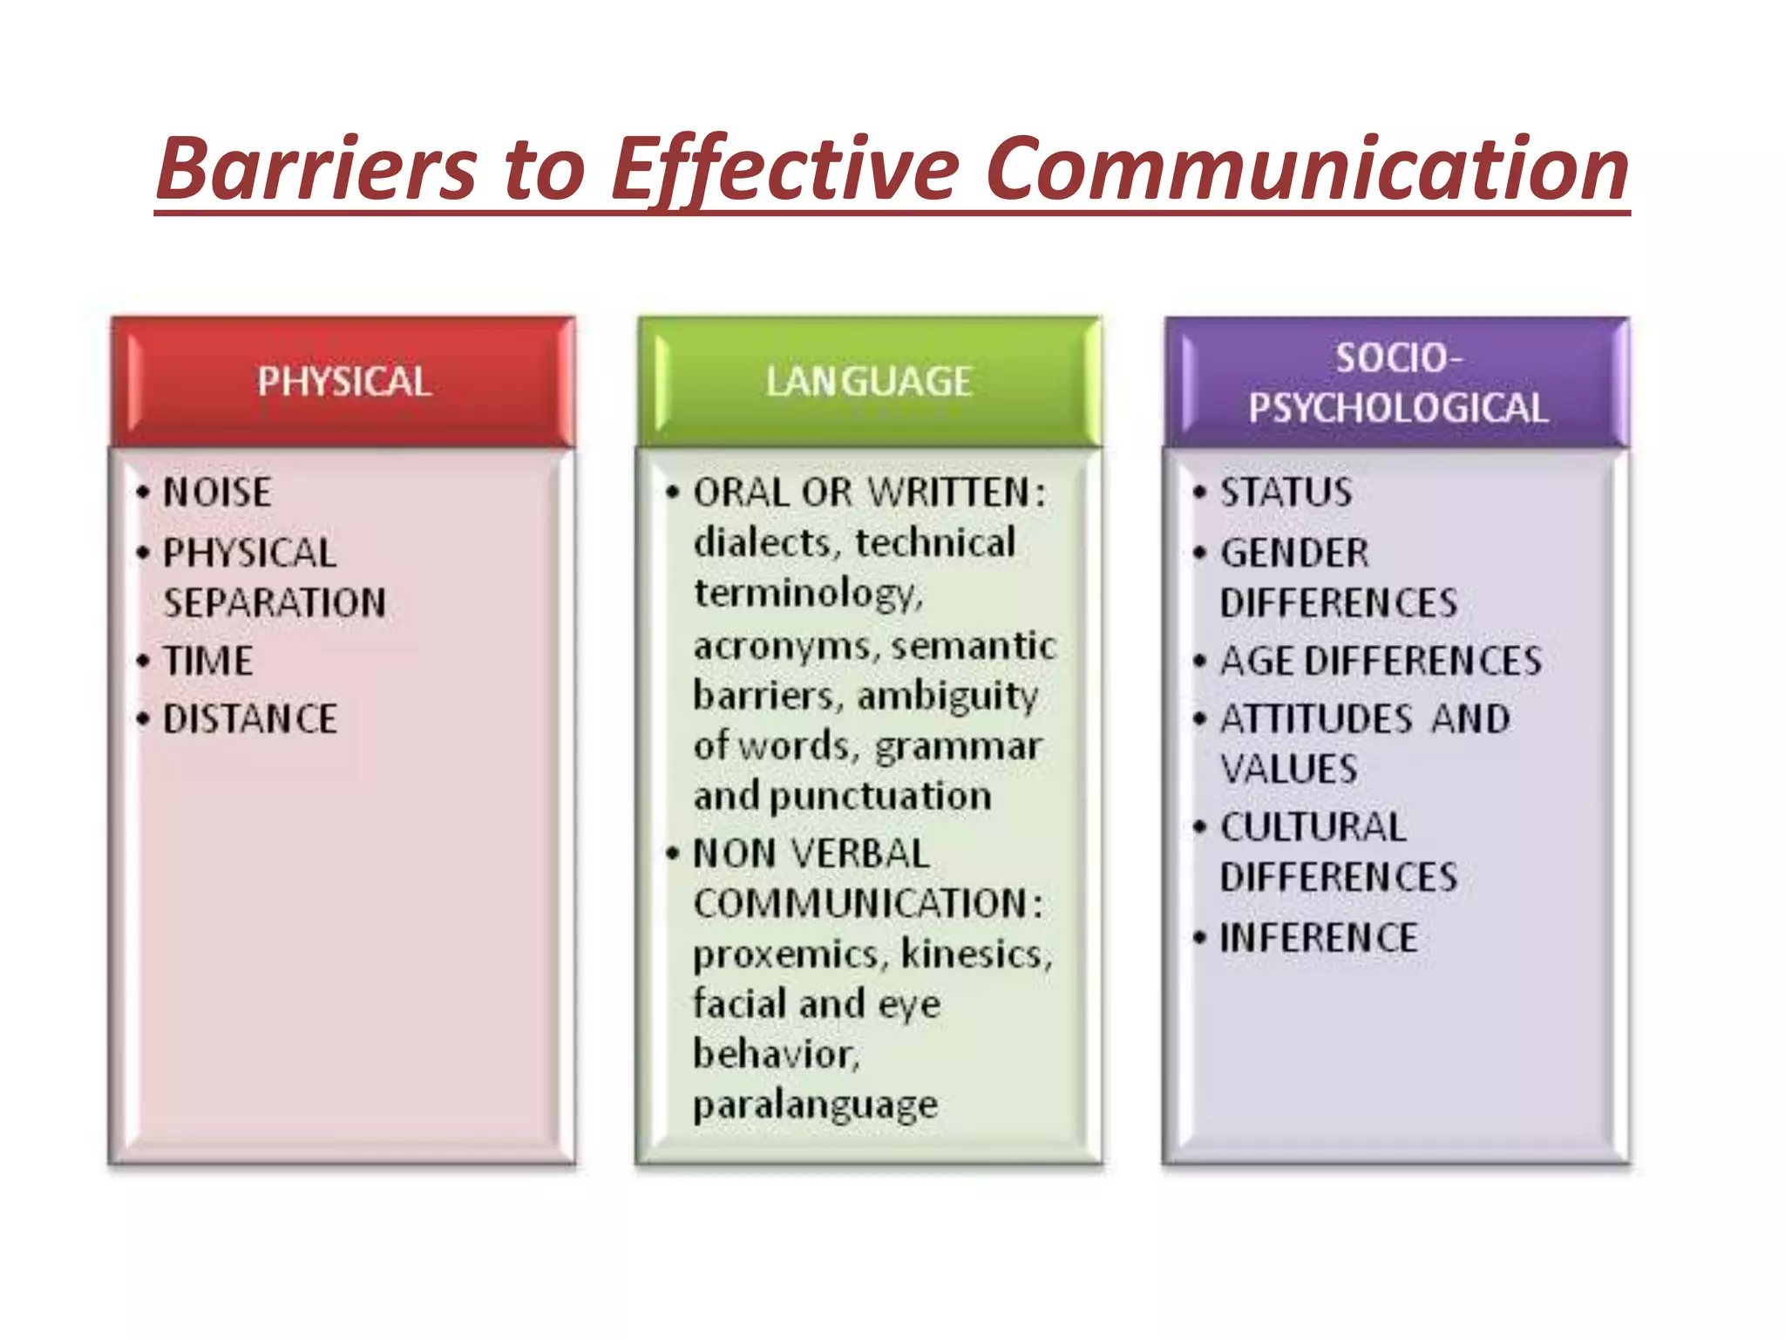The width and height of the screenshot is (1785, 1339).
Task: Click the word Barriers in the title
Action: (317, 167)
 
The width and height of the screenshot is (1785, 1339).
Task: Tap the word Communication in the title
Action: (1307, 167)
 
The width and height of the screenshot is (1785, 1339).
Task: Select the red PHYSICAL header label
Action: (343, 382)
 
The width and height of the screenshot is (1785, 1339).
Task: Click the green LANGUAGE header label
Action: (869, 382)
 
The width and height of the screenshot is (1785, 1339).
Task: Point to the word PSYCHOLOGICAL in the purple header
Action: (1397, 408)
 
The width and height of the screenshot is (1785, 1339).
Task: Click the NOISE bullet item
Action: (217, 493)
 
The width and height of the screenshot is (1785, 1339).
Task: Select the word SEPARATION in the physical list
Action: (275, 603)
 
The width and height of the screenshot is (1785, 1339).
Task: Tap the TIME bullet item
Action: (208, 661)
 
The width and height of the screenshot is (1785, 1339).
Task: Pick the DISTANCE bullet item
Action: (250, 719)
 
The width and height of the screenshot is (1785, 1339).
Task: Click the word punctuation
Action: (880, 796)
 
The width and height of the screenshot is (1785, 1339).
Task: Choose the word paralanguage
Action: (815, 1105)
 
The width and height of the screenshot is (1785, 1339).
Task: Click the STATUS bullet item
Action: (1286, 493)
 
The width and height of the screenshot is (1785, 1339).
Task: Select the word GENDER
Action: (1294, 553)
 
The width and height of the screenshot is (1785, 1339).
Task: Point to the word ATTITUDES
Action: (1316, 719)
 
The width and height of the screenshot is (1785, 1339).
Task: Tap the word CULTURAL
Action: (1313, 827)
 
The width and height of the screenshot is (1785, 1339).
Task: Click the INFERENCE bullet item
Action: (1319, 938)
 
